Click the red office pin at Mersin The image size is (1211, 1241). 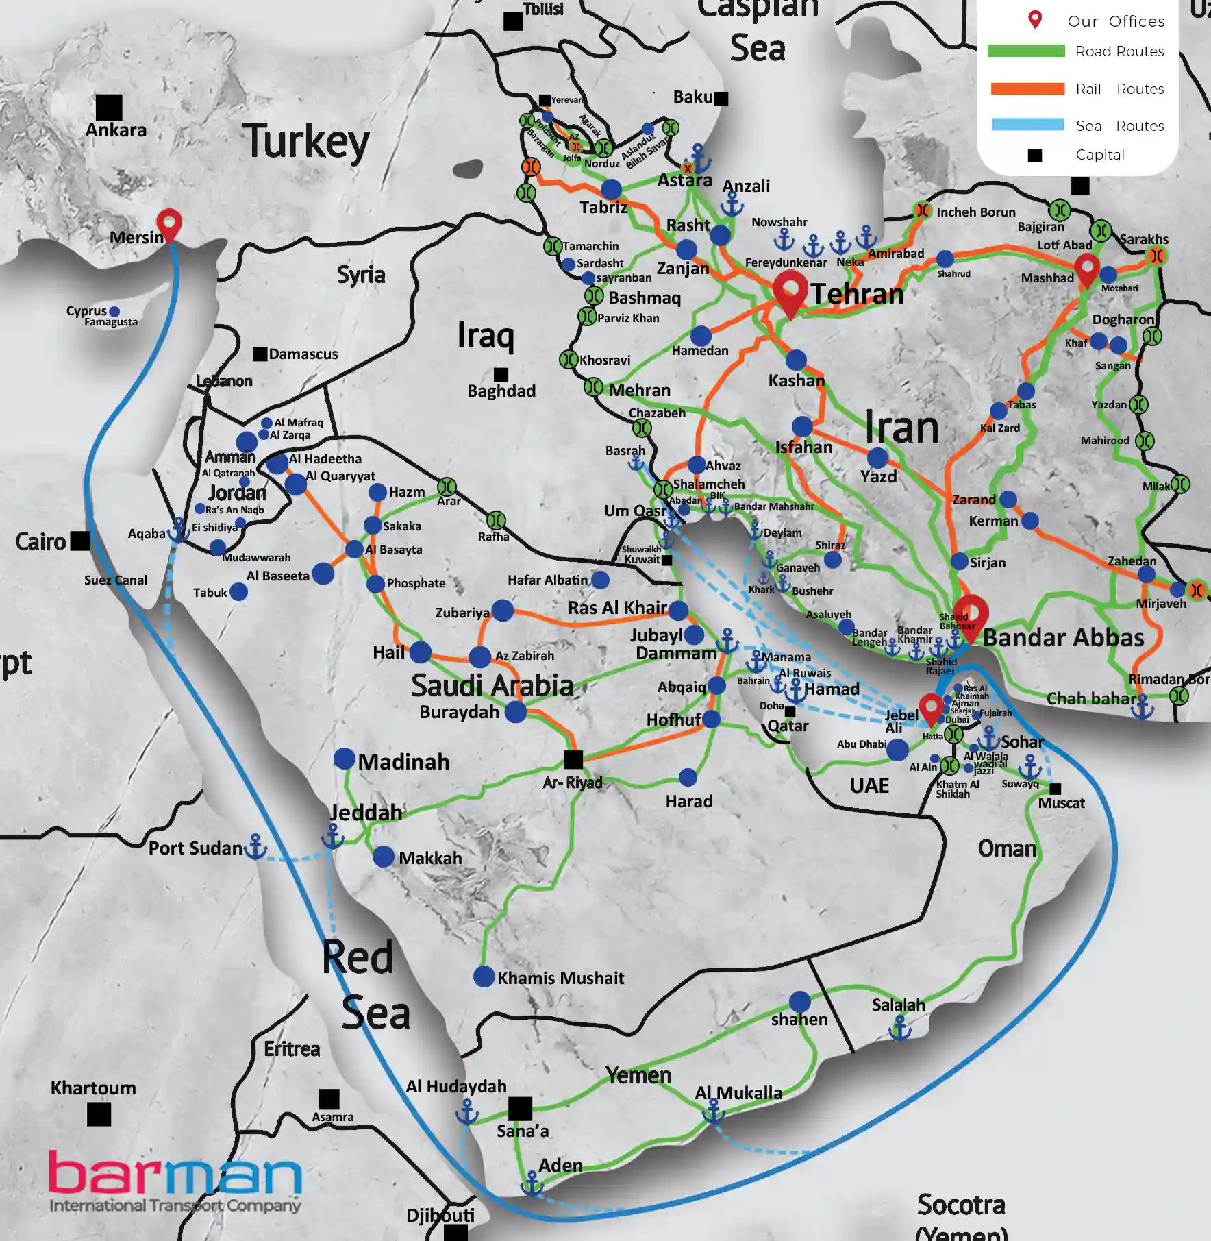point(169,223)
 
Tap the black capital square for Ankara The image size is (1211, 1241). point(109,108)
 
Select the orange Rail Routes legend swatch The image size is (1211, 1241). point(1027,88)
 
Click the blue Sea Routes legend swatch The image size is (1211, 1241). point(1027,125)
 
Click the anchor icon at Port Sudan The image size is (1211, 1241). point(255,847)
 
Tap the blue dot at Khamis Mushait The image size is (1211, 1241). point(484,976)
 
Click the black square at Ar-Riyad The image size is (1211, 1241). point(573,759)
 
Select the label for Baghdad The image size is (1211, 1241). point(501,391)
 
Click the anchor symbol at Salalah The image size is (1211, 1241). point(899,1028)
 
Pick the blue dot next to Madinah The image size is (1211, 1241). point(345,759)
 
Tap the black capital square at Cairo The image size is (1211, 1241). point(80,541)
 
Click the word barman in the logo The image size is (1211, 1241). point(175,1174)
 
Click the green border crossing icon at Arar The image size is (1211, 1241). point(447,487)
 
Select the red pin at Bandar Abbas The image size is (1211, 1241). point(971,615)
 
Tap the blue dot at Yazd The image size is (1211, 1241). point(877,458)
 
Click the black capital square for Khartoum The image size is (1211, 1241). point(99,1114)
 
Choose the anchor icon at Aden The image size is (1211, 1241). point(532,1184)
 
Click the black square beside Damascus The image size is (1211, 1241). point(260,354)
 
